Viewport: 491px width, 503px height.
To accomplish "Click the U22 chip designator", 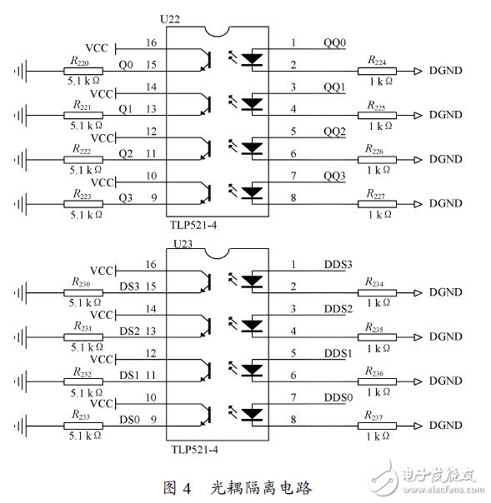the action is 170,19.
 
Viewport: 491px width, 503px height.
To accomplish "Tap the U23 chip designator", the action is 183,244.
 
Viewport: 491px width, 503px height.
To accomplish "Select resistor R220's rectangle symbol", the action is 83,71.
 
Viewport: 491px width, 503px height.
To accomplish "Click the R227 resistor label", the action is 375,194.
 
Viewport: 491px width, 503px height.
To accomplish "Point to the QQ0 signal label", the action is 334,42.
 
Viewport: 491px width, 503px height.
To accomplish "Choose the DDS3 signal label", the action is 338,264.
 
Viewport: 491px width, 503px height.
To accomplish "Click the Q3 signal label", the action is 126,198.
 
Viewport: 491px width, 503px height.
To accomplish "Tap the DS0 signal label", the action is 129,420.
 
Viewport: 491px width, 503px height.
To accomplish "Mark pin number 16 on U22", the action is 151,42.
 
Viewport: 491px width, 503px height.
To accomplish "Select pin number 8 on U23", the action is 293,420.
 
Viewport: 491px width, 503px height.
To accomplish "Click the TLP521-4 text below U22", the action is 193,225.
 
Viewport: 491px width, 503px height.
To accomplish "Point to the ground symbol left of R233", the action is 21,426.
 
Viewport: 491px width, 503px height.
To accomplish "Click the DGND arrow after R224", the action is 418,71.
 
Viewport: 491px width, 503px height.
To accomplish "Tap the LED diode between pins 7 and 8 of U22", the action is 252,193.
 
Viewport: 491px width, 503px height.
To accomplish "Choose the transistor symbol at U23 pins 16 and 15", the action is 206,282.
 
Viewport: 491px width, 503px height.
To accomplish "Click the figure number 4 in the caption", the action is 188,489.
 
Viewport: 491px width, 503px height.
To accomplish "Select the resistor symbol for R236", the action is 377,381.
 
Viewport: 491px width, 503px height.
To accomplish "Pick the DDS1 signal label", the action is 338,353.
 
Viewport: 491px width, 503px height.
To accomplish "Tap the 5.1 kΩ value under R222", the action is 86,170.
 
